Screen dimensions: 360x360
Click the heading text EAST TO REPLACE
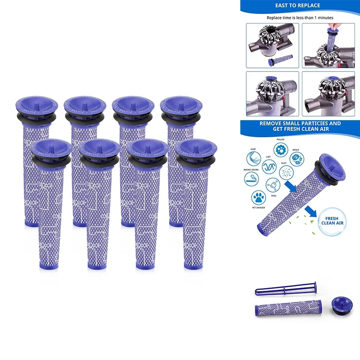[297, 6]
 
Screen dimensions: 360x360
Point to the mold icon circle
[297, 158]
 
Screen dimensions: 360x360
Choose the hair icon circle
[253, 158]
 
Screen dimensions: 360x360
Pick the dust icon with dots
[284, 172]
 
